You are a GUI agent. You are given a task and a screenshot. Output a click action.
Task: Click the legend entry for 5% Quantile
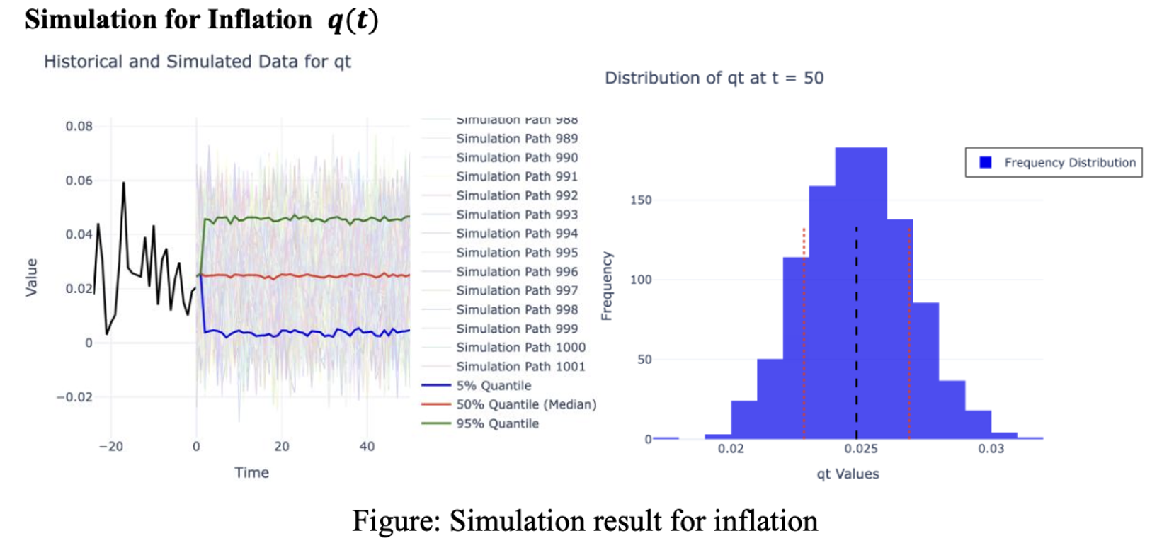pyautogui.click(x=494, y=386)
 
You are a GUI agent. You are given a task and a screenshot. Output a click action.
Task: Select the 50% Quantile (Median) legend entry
pyautogui.click(x=525, y=404)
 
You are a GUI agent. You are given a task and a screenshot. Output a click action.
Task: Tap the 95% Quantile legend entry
pyautogui.click(x=497, y=423)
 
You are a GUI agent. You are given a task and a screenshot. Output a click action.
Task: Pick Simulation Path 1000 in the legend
pyautogui.click(x=520, y=348)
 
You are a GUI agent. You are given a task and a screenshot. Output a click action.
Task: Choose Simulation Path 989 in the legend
pyautogui.click(x=517, y=139)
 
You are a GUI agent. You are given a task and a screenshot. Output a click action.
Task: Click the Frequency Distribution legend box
pyautogui.click(x=1054, y=163)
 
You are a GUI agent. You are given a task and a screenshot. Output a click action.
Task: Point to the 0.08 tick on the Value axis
pyautogui.click(x=79, y=126)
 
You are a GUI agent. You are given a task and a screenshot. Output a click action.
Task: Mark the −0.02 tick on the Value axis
pyautogui.click(x=74, y=397)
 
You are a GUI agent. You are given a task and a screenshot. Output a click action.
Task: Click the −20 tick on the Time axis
pyautogui.click(x=110, y=447)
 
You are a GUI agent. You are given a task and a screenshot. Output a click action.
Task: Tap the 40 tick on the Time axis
pyautogui.click(x=367, y=447)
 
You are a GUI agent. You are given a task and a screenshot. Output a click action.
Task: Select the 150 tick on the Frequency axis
pyautogui.click(x=641, y=200)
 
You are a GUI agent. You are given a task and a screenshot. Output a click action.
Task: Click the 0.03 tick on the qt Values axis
pyautogui.click(x=991, y=449)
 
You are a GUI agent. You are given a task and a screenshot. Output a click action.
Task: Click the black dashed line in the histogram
pyautogui.click(x=856, y=333)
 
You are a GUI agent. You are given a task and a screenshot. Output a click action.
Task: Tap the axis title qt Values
pyautogui.click(x=848, y=474)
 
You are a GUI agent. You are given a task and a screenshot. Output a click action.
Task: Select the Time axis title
pyautogui.click(x=251, y=472)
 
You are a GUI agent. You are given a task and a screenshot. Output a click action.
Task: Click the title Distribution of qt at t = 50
pyautogui.click(x=714, y=78)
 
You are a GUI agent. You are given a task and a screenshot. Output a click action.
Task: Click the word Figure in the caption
pyautogui.click(x=396, y=521)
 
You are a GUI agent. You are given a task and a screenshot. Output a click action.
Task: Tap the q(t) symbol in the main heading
pyautogui.click(x=353, y=20)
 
